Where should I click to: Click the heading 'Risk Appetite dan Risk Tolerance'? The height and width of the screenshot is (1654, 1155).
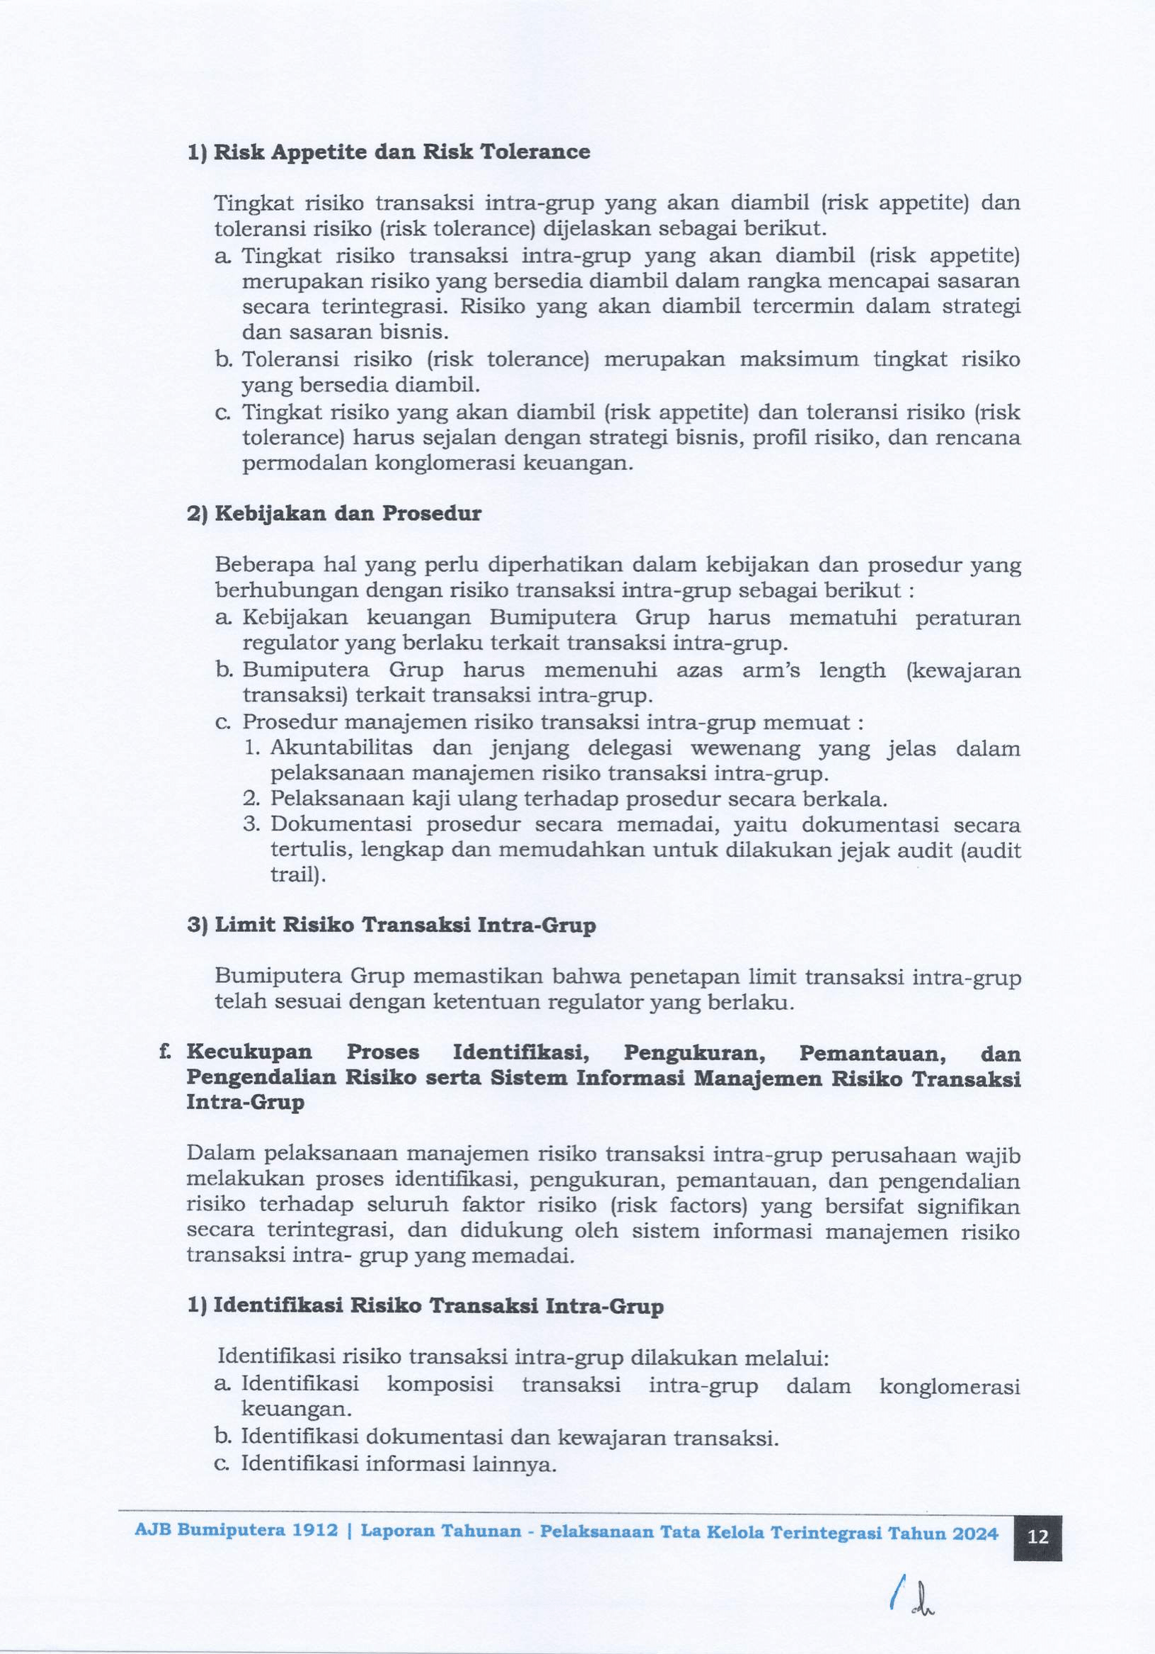click(x=402, y=152)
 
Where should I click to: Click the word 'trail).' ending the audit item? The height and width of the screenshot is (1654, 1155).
click(x=298, y=875)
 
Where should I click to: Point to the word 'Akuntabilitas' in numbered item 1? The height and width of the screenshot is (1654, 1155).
click(x=341, y=748)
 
